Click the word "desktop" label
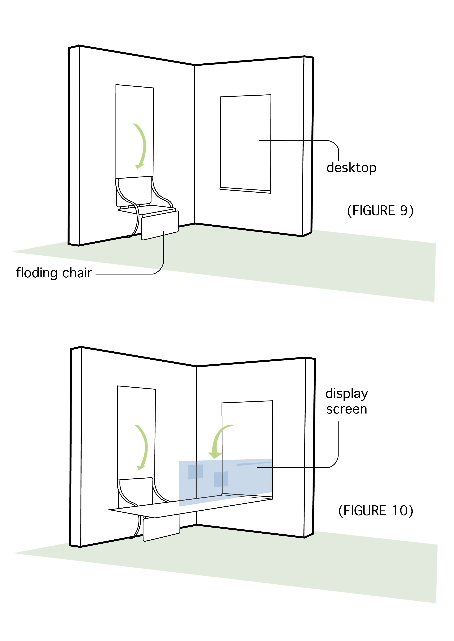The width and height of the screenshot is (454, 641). pos(351,168)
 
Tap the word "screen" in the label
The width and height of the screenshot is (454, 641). pos(347,409)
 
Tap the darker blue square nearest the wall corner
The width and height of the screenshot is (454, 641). pos(195,472)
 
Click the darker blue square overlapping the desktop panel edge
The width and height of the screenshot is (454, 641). pos(221,479)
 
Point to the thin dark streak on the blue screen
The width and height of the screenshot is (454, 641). pos(253,464)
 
